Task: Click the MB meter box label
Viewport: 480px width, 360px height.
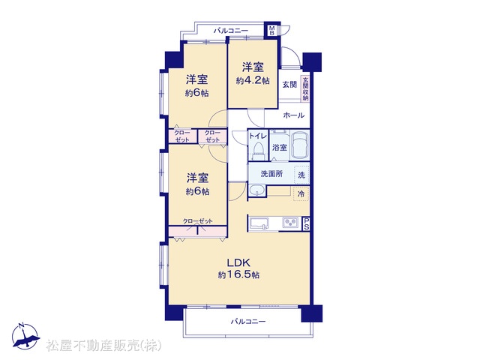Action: coord(271,31)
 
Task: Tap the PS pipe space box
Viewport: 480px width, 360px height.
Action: coord(306,223)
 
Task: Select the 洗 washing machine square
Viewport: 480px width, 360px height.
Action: coord(301,175)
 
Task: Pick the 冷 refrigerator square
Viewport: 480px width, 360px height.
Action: coord(301,194)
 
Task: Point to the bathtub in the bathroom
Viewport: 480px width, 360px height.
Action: coord(300,145)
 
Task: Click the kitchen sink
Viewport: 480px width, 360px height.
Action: coord(259,223)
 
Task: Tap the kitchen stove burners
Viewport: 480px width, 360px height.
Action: coord(290,223)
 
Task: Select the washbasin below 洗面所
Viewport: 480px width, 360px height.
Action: coord(256,190)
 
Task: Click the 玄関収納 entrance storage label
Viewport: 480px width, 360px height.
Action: coord(305,88)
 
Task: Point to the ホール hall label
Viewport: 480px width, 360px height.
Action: coord(294,115)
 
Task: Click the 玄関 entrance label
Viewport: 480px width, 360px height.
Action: coord(289,84)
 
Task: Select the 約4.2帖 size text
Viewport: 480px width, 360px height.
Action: coord(253,81)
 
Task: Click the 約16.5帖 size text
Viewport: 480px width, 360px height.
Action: coord(238,275)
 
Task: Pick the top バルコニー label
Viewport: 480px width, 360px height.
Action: coord(231,31)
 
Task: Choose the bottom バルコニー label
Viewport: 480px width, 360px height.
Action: coord(248,322)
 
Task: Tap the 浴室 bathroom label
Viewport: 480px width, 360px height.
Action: coord(280,147)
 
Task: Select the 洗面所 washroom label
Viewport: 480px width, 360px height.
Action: coord(271,174)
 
